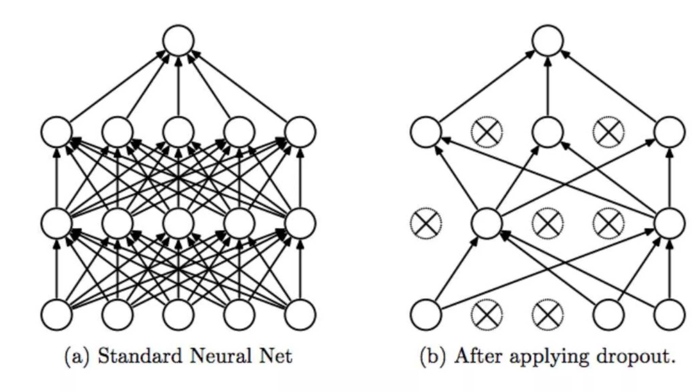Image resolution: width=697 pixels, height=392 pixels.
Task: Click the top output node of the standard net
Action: coord(178,40)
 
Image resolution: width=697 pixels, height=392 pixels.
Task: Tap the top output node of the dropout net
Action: coord(548,40)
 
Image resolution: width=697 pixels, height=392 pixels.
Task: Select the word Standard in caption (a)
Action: coord(140,356)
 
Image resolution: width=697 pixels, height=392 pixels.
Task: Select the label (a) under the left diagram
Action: coord(77,357)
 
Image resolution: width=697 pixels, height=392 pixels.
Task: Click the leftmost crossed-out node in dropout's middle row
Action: coord(426,223)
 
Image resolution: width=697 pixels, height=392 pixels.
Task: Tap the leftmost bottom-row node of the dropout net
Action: coord(426,314)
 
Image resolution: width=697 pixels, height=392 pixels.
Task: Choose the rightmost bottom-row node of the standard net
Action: coord(300,314)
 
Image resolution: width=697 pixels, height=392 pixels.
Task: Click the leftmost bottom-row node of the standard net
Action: coord(56,314)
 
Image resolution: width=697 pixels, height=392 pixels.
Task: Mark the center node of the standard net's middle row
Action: coord(178,223)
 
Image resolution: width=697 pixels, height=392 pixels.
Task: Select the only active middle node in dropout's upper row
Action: coord(548,132)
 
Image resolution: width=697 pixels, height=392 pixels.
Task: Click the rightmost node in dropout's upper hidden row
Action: coord(669,132)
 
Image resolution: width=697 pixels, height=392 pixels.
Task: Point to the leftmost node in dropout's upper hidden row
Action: coord(426,132)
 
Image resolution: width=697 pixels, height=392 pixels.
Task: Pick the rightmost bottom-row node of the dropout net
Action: coord(669,314)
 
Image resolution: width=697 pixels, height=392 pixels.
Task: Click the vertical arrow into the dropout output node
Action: coord(548,88)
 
